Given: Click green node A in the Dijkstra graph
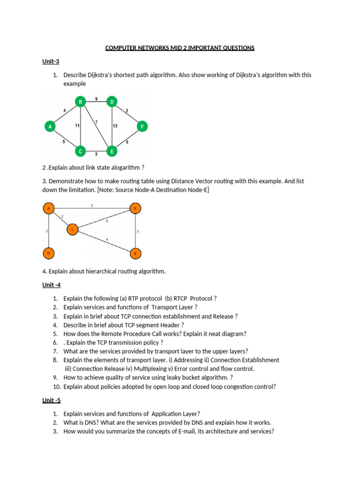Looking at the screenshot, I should [x=50, y=126].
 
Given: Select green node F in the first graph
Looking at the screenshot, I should [x=142, y=126].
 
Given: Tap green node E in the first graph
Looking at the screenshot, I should [x=112, y=151].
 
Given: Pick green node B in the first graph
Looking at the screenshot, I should [x=81, y=101].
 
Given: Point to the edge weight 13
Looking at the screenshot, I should [x=115, y=126].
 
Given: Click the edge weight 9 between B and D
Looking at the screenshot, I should [x=96, y=99].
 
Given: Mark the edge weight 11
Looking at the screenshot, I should [x=77, y=126].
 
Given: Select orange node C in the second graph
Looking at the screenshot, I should [x=72, y=229].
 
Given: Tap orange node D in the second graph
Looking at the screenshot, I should [x=49, y=254].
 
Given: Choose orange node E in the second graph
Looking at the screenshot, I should [x=135, y=254].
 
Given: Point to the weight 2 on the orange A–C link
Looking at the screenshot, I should [x=62, y=216].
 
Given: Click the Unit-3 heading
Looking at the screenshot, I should [x=51, y=61].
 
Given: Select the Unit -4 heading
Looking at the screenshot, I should [x=52, y=285].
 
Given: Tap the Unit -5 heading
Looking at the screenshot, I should [x=52, y=400].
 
